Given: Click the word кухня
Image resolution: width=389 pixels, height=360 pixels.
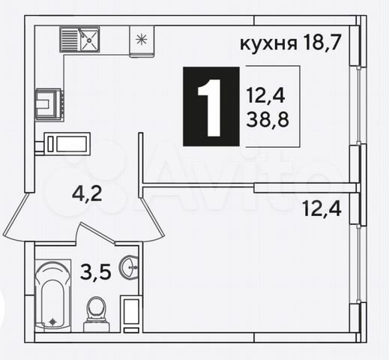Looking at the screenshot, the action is pyautogui.click(x=268, y=44).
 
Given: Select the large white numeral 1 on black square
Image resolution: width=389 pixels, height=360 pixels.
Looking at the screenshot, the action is pyautogui.click(x=210, y=108).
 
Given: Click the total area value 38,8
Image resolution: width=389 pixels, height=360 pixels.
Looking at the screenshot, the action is pyautogui.click(x=268, y=119).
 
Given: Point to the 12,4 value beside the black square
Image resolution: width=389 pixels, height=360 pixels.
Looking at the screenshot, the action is pyautogui.click(x=265, y=96).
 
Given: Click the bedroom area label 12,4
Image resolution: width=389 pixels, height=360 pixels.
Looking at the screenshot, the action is pyautogui.click(x=322, y=209).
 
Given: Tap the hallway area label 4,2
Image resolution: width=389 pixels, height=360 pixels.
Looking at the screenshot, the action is pyautogui.click(x=87, y=194).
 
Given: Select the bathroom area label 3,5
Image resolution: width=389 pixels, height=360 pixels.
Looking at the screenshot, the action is pyautogui.click(x=96, y=272).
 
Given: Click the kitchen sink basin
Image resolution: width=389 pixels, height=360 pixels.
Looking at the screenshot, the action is pyautogui.click(x=89, y=39).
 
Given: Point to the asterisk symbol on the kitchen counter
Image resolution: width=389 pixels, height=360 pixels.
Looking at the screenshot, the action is pyautogui.click(x=141, y=39).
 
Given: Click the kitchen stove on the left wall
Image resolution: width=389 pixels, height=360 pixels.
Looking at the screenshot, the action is pyautogui.click(x=49, y=104).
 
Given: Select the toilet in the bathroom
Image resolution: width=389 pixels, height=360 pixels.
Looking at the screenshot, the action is pyautogui.click(x=96, y=314).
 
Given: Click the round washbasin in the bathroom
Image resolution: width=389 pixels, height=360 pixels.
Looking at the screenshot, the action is pyautogui.click(x=129, y=267).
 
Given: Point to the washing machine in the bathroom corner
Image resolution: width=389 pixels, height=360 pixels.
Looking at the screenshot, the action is pyautogui.click(x=131, y=315).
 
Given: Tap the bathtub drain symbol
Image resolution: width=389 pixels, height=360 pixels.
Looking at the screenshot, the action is pyautogui.click(x=52, y=322).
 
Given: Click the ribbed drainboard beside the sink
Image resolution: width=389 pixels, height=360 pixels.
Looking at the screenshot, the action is pyautogui.click(x=70, y=39).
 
